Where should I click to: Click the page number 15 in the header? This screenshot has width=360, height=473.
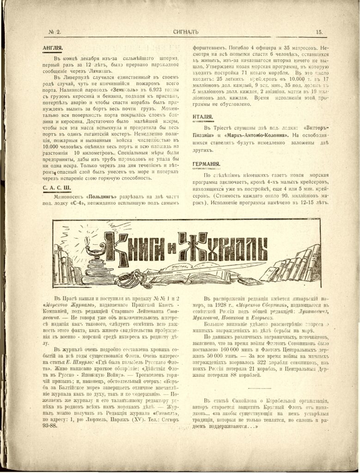[x=319, y=32]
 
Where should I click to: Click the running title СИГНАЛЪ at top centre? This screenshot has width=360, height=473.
[x=185, y=32]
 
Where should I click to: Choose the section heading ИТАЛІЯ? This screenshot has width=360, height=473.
[x=203, y=117]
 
